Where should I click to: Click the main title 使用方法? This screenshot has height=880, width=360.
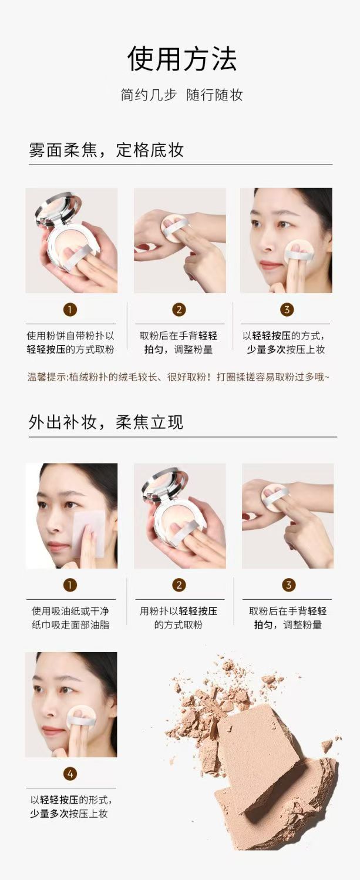tap(182, 59)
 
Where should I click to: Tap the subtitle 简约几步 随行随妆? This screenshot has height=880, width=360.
tap(182, 95)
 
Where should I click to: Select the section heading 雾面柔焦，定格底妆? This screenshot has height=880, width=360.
tap(106, 150)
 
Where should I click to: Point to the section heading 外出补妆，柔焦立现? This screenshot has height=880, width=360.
tap(106, 422)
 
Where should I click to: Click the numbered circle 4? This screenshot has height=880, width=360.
tap(70, 774)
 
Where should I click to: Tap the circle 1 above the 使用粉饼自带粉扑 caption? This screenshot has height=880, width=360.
tap(70, 310)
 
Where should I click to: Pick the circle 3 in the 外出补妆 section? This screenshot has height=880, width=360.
tap(288, 585)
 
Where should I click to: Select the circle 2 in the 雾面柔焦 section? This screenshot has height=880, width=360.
tap(179, 310)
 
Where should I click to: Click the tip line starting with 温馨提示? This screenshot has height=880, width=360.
tap(179, 377)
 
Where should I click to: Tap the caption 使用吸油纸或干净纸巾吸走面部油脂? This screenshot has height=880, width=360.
tap(70, 618)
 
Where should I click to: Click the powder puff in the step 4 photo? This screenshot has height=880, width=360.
tap(82, 717)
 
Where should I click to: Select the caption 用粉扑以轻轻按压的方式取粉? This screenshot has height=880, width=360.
tap(179, 618)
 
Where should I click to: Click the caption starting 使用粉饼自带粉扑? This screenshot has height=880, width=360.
tap(70, 342)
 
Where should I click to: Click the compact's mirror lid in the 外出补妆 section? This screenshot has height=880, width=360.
tap(161, 485)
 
